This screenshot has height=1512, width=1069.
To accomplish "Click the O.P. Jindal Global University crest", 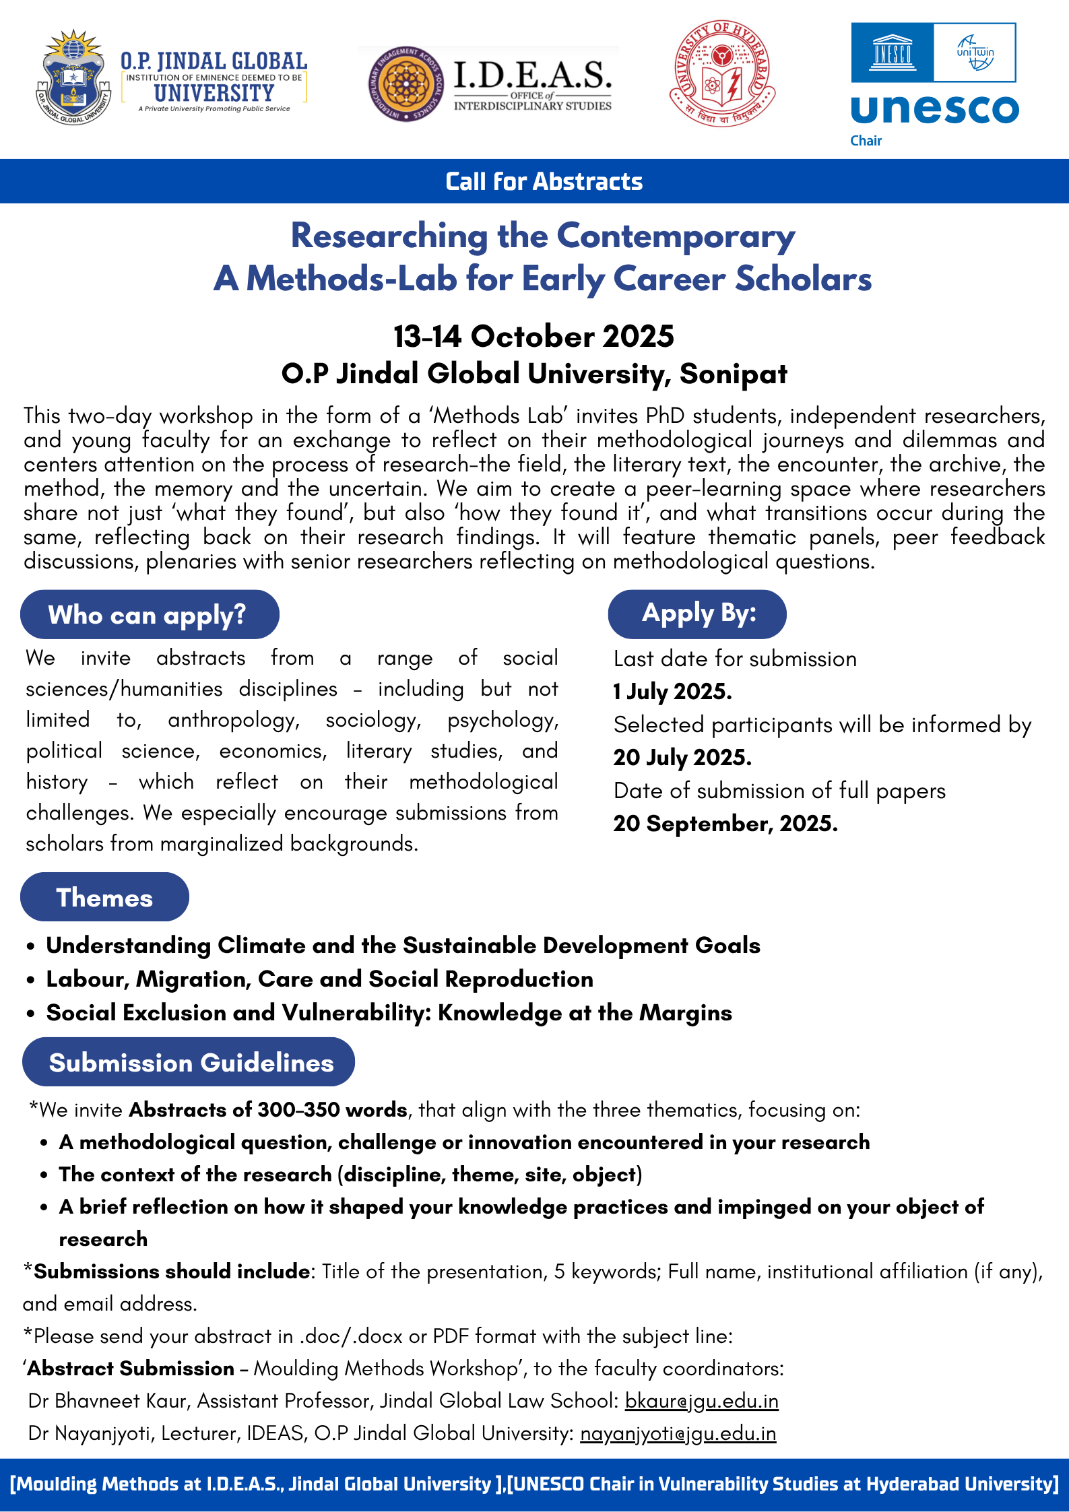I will pyautogui.click(x=73, y=77).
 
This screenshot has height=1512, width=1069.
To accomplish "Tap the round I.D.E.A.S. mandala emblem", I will pyautogui.click(x=406, y=84).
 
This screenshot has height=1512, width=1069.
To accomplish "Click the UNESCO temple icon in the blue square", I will pyautogui.click(x=892, y=53).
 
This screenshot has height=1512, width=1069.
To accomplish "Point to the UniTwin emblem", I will pyautogui.click(x=975, y=53).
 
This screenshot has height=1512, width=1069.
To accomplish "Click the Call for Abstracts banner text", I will pyautogui.click(x=544, y=182).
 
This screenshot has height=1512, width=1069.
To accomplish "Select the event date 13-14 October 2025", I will pyautogui.click(x=533, y=336).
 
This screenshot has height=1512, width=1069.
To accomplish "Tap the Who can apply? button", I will pyautogui.click(x=149, y=615).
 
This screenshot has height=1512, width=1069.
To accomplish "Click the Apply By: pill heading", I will pyautogui.click(x=697, y=614).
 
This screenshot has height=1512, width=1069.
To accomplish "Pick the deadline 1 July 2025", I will pyautogui.click(x=672, y=692).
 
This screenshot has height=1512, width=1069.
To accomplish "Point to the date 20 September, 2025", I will pyautogui.click(x=725, y=824).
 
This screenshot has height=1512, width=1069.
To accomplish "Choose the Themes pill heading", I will pyautogui.click(x=104, y=898).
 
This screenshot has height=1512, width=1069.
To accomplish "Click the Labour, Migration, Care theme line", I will pyautogui.click(x=319, y=979).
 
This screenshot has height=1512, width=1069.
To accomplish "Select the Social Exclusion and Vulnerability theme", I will pyautogui.click(x=389, y=1013).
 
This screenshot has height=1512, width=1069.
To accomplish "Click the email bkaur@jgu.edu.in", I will pyautogui.click(x=701, y=1401).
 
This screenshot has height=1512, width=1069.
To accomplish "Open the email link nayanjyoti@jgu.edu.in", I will pyautogui.click(x=678, y=1433).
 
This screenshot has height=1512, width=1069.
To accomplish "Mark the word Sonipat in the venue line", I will pyautogui.click(x=733, y=374).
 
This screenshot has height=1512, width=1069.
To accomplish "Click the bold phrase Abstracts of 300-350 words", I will pyautogui.click(x=268, y=1110).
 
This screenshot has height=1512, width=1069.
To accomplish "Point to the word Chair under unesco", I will pyautogui.click(x=866, y=141).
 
